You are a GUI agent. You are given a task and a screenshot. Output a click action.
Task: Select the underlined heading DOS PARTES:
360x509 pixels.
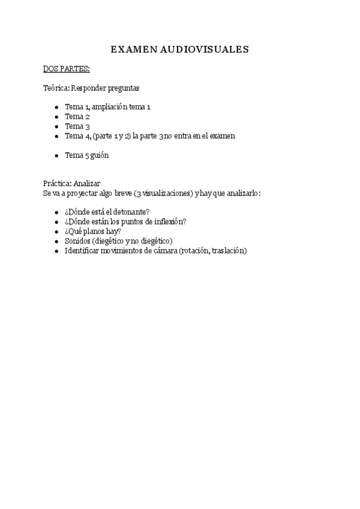click(67, 69)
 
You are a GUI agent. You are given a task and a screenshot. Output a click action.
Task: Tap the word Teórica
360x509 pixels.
click(56, 88)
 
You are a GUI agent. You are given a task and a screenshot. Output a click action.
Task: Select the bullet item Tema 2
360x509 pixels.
click(77, 116)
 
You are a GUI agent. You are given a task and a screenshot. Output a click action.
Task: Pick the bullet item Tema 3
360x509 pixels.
click(77, 126)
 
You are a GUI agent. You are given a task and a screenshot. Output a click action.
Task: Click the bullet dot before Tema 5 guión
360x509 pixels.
click(56, 155)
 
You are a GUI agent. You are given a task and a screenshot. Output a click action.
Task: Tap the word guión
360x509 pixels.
click(100, 155)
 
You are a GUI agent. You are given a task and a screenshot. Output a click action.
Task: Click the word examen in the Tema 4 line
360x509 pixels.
click(221, 136)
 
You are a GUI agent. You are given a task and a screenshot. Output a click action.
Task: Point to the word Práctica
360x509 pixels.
click(57, 184)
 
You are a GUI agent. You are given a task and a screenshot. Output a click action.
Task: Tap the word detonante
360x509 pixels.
click(131, 212)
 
